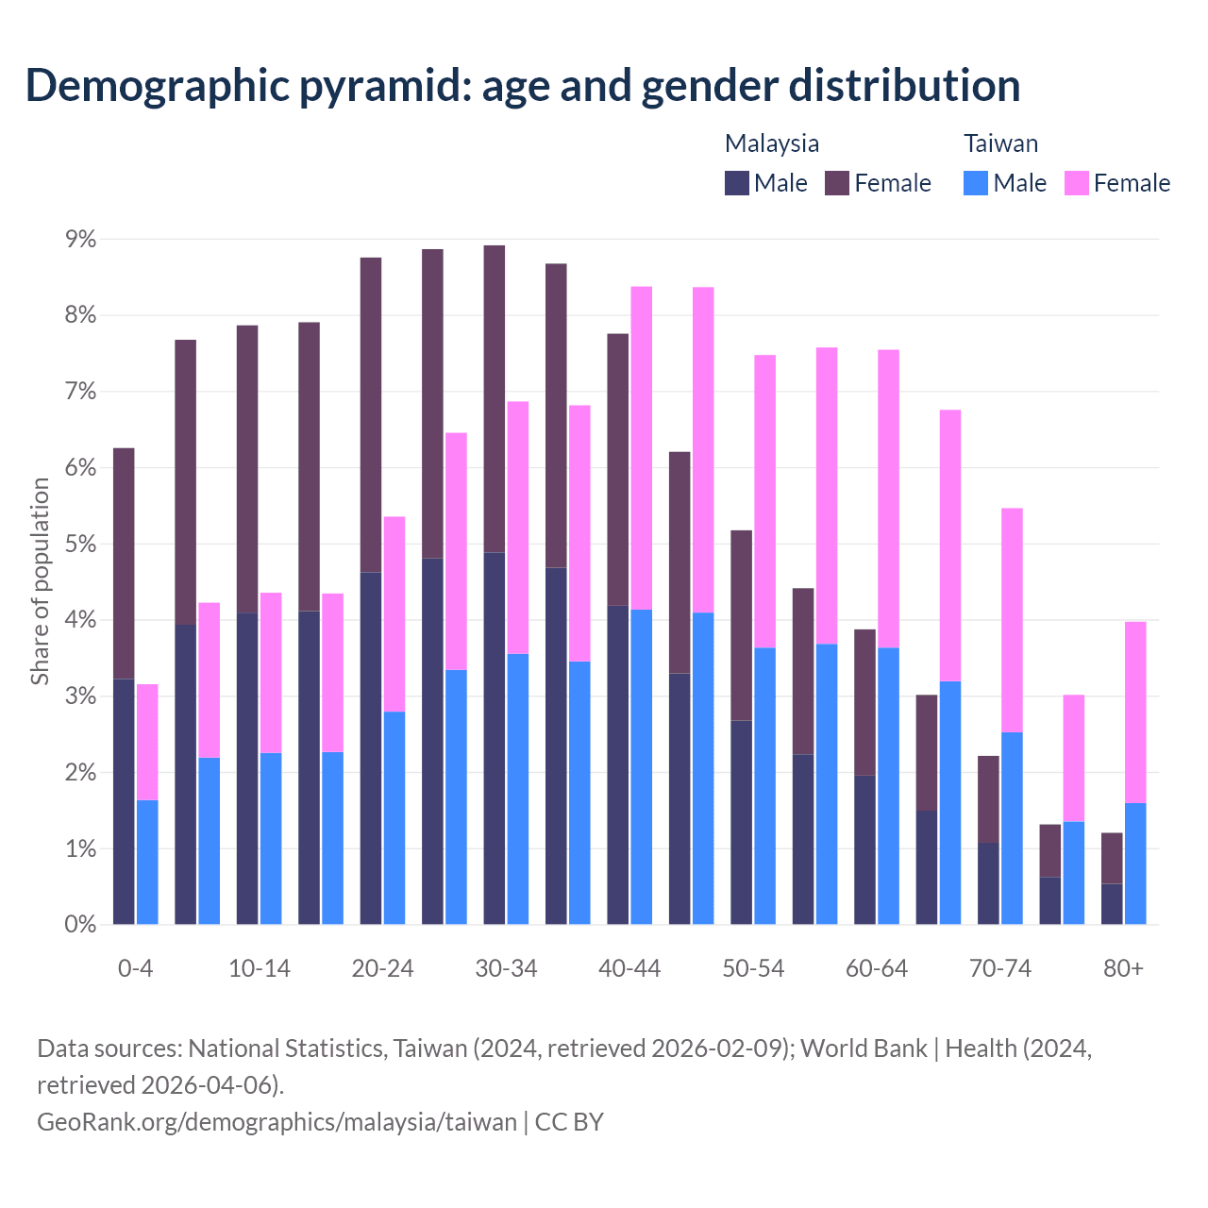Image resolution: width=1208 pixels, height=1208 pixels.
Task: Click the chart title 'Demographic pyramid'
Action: click(x=522, y=85)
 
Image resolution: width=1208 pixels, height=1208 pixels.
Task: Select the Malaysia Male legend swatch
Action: click(x=737, y=183)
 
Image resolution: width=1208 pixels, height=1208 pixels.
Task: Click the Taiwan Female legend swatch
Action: click(x=1077, y=183)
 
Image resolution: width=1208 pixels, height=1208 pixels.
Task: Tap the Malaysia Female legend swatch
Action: click(x=837, y=183)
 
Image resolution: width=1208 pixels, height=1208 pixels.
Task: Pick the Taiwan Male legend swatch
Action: click(x=976, y=183)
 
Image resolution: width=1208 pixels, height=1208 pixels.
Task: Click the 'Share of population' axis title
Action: click(x=40, y=581)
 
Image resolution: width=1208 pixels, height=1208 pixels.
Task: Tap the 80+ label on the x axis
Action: click(x=1123, y=969)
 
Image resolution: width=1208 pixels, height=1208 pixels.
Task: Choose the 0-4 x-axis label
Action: click(x=136, y=969)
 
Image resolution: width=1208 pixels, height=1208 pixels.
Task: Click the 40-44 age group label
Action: click(x=629, y=969)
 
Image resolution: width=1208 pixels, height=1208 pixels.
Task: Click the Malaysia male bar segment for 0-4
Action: click(x=124, y=802)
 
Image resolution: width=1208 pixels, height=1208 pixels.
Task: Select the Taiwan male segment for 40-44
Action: click(x=642, y=766)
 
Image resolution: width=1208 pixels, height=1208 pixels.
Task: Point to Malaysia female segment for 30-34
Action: click(x=495, y=398)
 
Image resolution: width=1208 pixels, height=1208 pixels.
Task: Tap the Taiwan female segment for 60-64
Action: click(x=888, y=498)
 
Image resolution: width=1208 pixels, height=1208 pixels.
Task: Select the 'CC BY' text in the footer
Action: click(x=569, y=1122)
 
